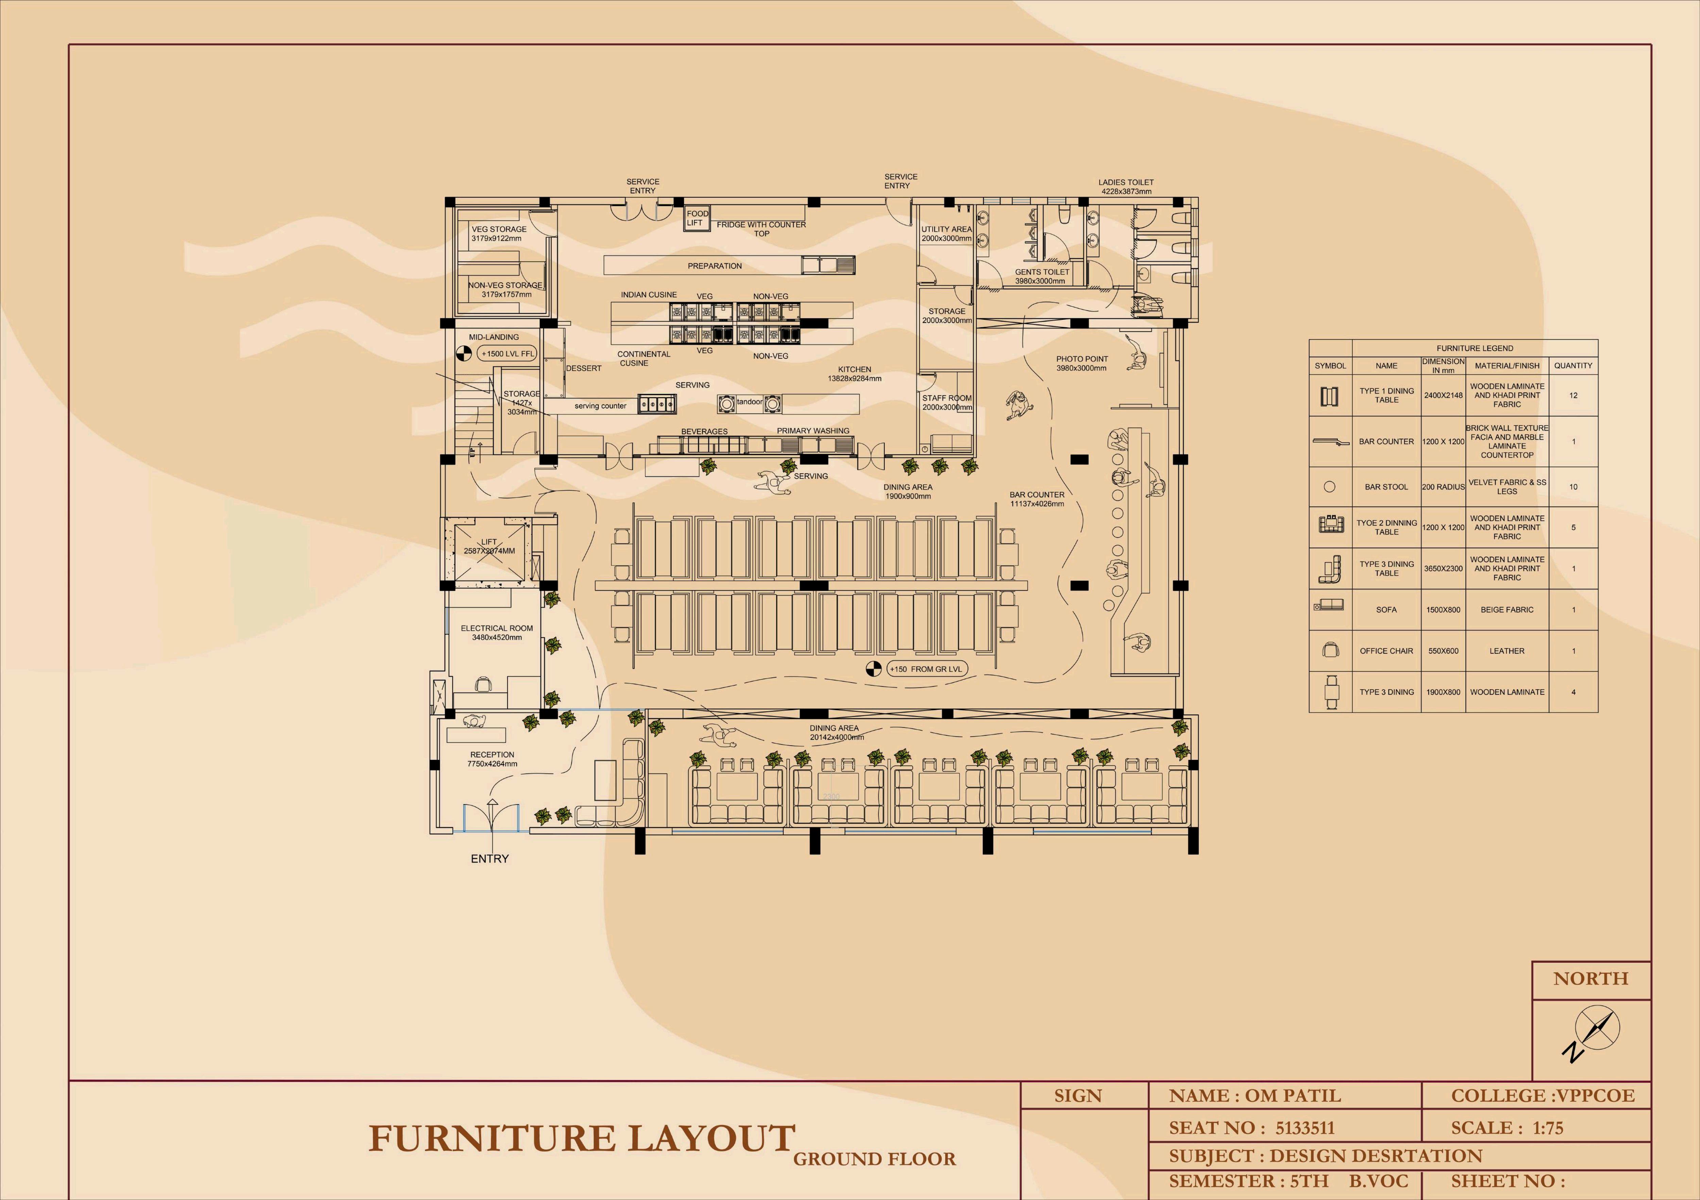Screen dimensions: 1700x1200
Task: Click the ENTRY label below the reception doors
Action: click(489, 859)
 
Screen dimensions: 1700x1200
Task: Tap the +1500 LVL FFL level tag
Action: click(507, 354)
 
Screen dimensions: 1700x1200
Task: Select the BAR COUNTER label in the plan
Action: click(1037, 499)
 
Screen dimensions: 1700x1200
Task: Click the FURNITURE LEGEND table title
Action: click(1474, 348)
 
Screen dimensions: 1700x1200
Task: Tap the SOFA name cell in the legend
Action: click(1386, 610)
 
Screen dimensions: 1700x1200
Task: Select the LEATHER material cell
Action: click(1507, 651)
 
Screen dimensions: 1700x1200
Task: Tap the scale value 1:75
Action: click(1547, 1128)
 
